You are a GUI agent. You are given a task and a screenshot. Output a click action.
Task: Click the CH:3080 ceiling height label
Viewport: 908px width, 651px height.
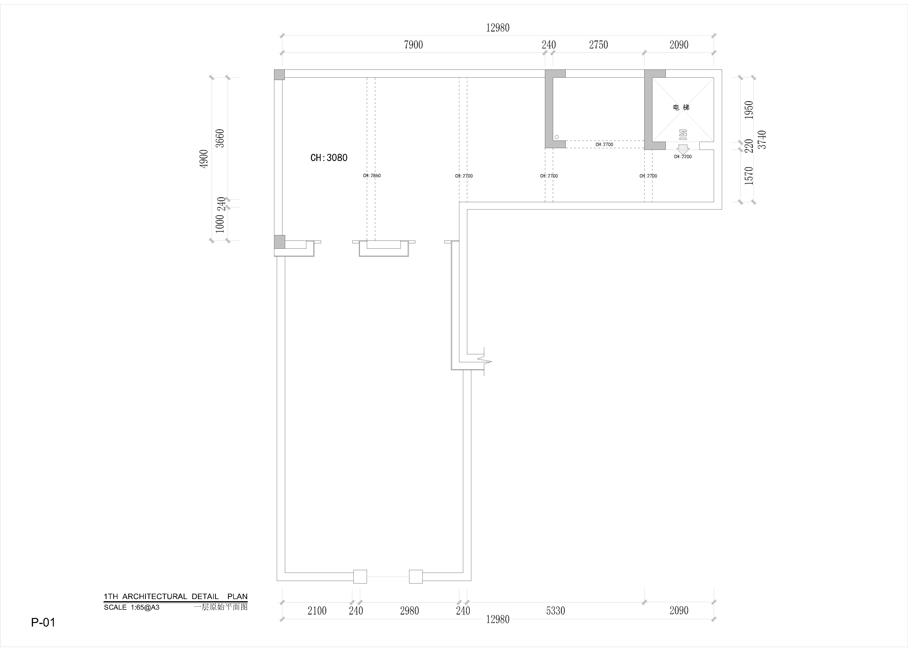pos(329,158)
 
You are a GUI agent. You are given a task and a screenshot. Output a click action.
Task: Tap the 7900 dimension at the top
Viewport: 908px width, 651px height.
pos(413,45)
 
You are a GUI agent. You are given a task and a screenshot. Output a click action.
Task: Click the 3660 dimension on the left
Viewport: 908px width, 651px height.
pos(220,138)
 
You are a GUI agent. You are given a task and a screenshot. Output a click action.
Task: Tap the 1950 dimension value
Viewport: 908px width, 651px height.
pos(749,110)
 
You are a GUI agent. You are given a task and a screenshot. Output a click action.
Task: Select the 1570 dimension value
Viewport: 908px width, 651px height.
pos(749,175)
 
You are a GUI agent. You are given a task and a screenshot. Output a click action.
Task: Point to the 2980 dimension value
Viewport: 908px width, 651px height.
pos(409,611)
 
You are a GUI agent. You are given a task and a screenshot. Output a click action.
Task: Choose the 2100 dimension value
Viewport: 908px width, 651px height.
pos(317,611)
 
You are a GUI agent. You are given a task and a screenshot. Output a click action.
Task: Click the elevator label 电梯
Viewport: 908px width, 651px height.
pos(681,107)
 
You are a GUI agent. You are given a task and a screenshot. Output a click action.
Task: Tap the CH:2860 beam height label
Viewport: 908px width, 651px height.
pos(372,175)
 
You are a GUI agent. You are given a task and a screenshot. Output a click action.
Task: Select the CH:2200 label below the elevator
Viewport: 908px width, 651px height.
pos(683,157)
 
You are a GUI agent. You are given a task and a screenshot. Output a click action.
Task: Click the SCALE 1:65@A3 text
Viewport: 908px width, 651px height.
pos(132,607)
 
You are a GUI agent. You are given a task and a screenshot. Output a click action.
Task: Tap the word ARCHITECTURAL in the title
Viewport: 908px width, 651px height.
pos(155,597)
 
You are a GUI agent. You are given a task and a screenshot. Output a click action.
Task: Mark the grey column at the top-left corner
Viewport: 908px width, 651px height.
pos(279,75)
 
